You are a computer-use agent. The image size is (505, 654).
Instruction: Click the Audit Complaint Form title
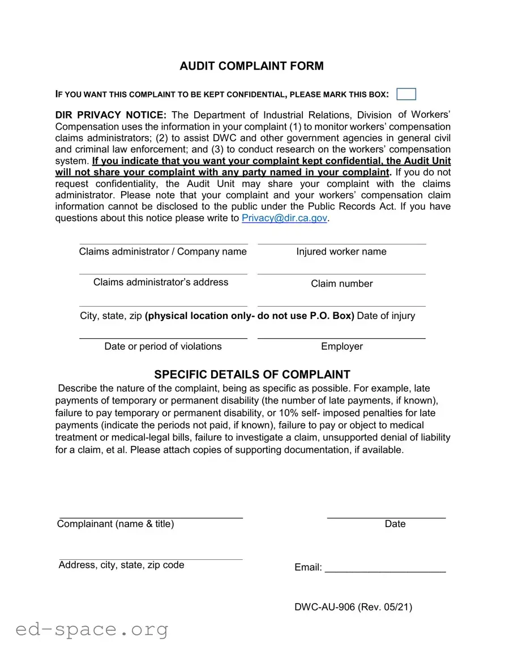[x=251, y=66]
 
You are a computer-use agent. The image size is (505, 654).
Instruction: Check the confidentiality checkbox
[x=406, y=94]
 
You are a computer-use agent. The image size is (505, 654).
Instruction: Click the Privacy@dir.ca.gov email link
[x=284, y=218]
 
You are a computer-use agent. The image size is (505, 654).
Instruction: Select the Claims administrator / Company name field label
[x=163, y=252]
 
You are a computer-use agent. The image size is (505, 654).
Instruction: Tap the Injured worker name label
[x=341, y=252]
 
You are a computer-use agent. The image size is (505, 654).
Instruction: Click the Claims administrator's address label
[x=161, y=282]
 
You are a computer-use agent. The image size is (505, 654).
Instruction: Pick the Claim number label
[x=342, y=283]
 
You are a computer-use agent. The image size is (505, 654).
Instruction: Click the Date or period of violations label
[x=163, y=346]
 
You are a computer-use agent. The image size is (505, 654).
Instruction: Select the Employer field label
[x=342, y=346]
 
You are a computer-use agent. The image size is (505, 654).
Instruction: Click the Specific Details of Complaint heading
[x=252, y=375]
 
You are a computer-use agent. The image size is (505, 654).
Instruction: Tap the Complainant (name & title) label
[x=115, y=524]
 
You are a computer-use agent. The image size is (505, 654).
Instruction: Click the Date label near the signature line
[x=395, y=524]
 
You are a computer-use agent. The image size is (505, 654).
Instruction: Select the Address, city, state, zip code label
[x=121, y=564]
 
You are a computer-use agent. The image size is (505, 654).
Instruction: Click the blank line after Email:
[x=385, y=568]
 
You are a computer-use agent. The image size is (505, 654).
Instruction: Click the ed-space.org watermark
[x=92, y=629]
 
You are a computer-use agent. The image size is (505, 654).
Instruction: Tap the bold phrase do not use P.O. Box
[x=306, y=316]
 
